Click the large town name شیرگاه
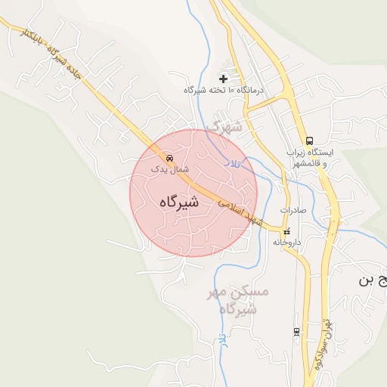tap(179, 202)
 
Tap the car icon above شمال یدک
tap(169, 159)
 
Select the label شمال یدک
tap(169, 170)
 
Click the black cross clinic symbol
tap(223, 78)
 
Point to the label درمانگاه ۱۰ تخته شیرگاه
tap(223, 90)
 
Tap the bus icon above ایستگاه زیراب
tap(308, 141)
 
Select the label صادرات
tap(293, 210)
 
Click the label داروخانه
tap(287, 243)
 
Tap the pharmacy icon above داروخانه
tap(286, 231)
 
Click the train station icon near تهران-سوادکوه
tap(296, 331)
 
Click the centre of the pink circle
tap(193, 193)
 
